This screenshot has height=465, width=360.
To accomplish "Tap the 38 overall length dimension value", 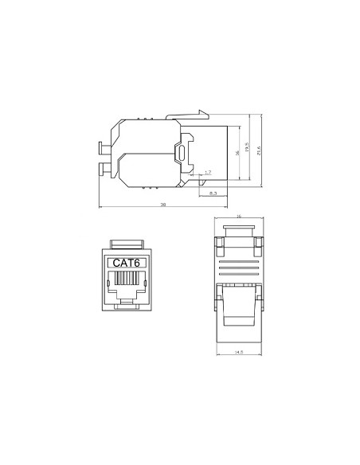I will point(162,205).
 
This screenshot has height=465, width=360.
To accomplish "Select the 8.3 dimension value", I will point(213,193).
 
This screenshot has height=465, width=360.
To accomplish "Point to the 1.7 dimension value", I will point(208,172).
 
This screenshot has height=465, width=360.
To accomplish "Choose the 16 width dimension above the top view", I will point(239,217).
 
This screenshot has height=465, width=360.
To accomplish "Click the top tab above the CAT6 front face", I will point(127,243).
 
